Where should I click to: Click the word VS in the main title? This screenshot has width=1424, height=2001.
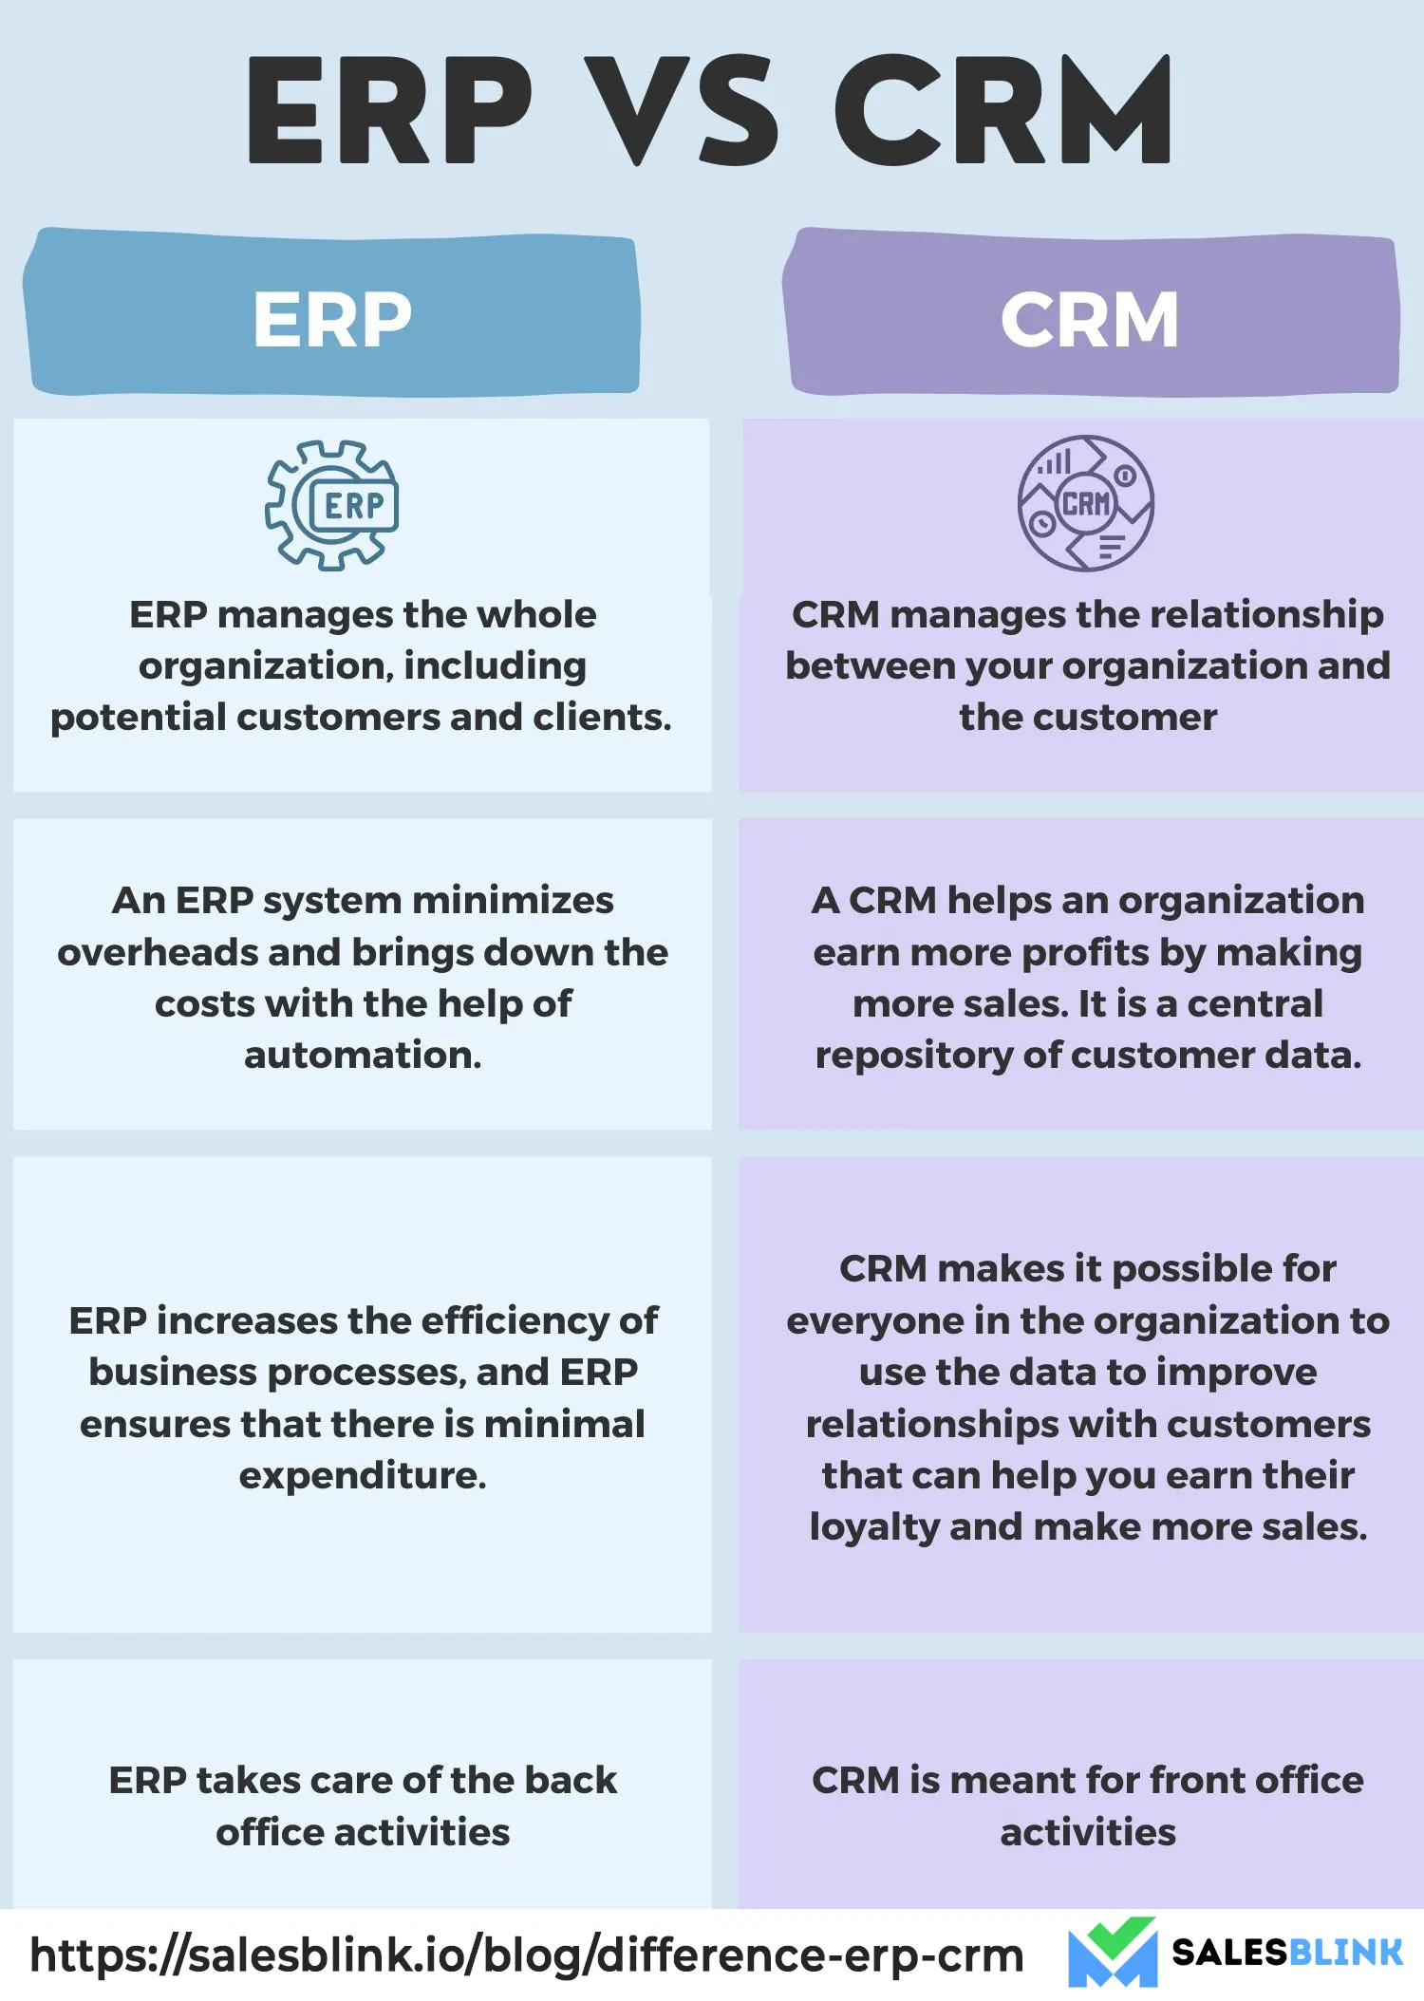[682, 109]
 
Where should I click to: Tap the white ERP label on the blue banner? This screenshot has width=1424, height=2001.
[332, 320]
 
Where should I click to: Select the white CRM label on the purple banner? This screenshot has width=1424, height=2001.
[1090, 320]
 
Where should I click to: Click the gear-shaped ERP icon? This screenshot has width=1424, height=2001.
[331, 505]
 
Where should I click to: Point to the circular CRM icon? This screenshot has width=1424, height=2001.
[1086, 503]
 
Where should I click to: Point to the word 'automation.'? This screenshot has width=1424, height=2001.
[363, 1055]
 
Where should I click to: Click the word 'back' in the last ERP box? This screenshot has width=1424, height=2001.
[571, 1780]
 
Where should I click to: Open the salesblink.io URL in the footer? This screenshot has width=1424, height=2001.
[527, 1955]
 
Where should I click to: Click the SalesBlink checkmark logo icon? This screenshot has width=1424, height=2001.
[1113, 1952]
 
